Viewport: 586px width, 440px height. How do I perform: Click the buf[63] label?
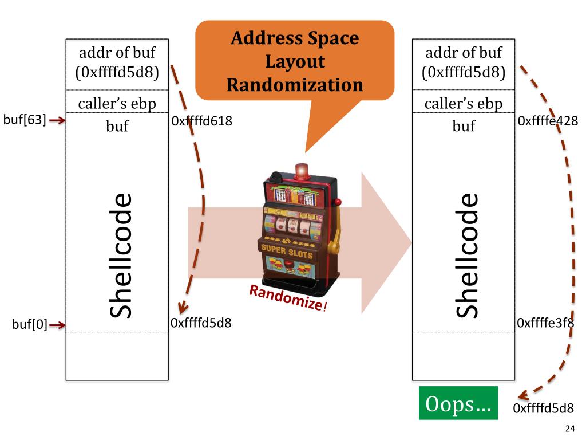(25, 120)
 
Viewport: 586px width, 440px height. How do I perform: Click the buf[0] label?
(29, 325)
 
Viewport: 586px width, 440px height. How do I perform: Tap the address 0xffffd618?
(201, 121)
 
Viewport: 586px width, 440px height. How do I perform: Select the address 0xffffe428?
(547, 121)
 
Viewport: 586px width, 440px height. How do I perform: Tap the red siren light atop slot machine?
(300, 170)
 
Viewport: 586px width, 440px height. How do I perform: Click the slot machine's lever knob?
(338, 202)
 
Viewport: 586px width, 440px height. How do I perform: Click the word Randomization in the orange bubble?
(295, 85)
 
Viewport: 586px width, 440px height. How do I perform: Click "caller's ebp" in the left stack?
(117, 104)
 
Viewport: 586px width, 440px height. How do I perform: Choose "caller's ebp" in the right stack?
(463, 104)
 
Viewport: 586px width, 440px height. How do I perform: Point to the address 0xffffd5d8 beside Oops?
(543, 408)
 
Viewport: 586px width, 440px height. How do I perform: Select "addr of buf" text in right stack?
(463, 53)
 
